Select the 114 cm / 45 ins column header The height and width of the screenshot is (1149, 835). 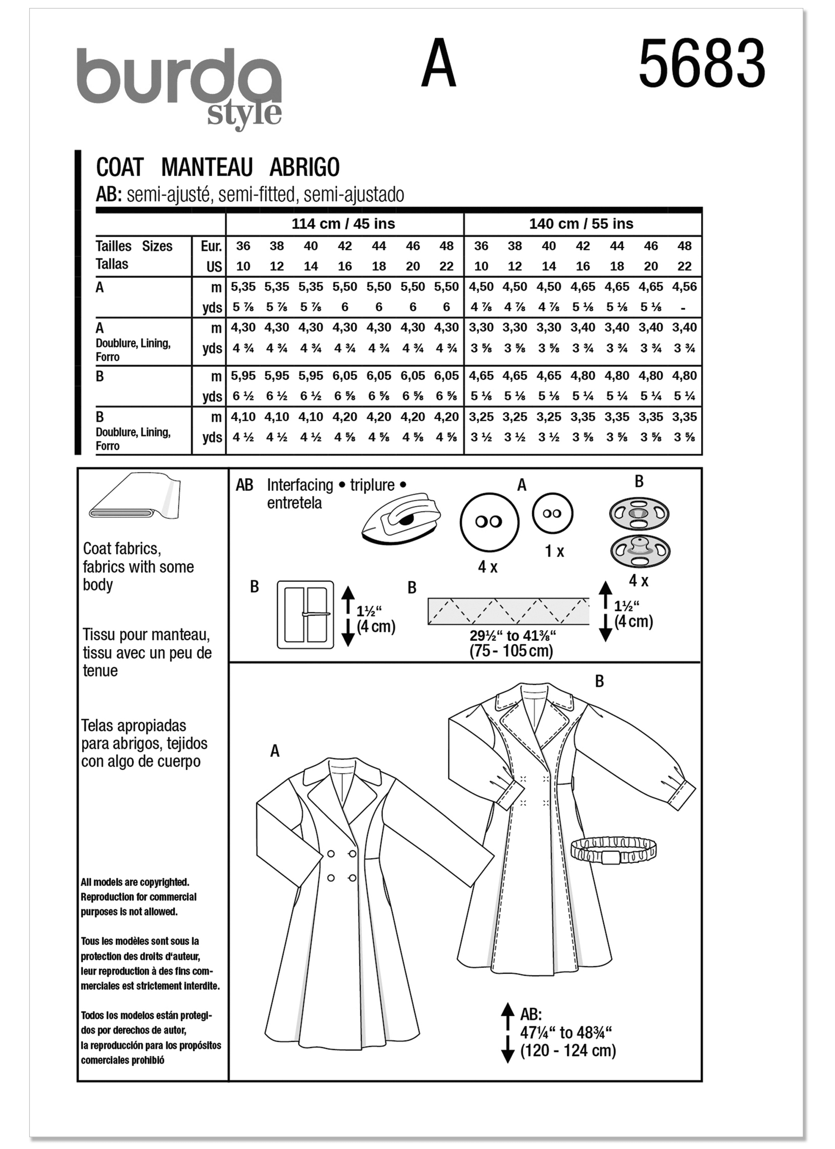[x=343, y=224]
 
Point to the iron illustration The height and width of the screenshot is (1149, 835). [x=400, y=520]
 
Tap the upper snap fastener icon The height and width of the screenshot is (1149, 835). [x=639, y=514]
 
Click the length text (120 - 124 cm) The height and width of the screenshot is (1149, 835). [x=568, y=1051]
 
